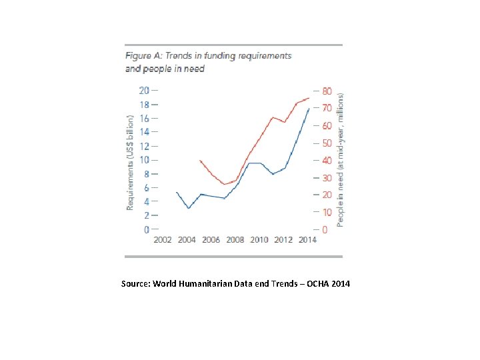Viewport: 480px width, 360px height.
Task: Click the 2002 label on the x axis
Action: [x=163, y=240]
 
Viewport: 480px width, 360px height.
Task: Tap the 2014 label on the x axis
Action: [x=307, y=240]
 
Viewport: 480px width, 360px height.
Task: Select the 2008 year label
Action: [x=235, y=240]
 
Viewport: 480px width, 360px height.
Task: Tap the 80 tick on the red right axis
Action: [x=327, y=91]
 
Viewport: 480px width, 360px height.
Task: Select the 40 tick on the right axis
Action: [x=327, y=160]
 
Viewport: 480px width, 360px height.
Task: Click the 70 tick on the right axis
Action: [x=327, y=108]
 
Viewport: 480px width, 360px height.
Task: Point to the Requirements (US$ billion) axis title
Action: [x=130, y=163]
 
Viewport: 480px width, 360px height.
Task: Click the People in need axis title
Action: [x=341, y=160]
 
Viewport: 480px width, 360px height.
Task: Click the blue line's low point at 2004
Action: [x=189, y=208]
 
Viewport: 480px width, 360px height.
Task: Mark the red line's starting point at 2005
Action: [x=200, y=160]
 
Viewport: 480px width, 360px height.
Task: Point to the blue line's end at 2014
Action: [x=308, y=109]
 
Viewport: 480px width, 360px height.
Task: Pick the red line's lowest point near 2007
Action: [x=225, y=184]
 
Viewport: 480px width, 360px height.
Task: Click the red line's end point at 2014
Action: [x=309, y=98]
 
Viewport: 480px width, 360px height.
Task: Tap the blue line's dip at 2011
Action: [x=272, y=174]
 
